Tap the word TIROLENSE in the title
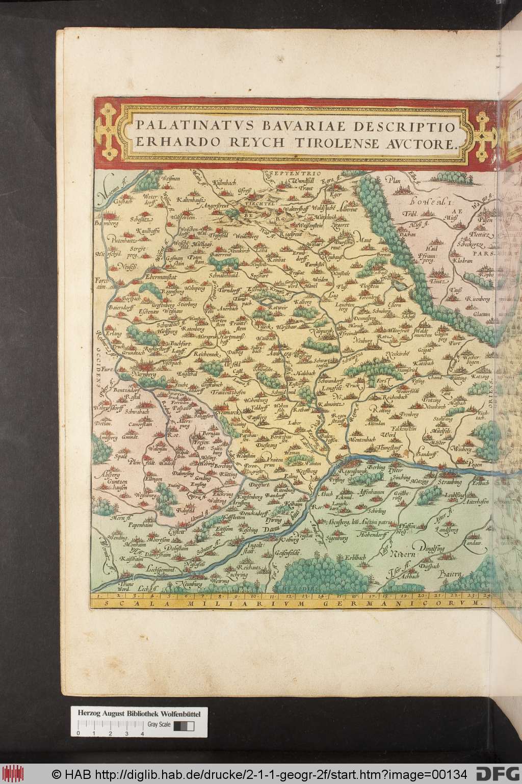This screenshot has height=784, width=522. coord(341,144)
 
